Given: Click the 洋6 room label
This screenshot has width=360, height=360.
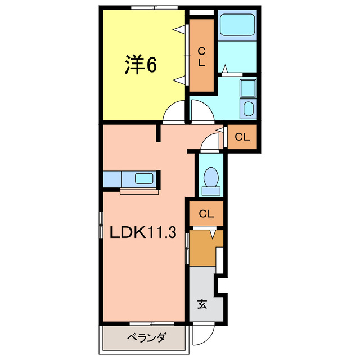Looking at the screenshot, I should click(141, 65).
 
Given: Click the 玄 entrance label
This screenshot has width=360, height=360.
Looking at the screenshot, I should click(202, 305).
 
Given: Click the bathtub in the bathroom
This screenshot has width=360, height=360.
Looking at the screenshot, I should click(237, 26).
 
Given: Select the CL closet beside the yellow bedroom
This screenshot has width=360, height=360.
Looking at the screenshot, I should click(201, 56).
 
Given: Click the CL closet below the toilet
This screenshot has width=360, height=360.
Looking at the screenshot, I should click(206, 214).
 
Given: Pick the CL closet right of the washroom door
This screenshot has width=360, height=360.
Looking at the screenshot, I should click(242, 137).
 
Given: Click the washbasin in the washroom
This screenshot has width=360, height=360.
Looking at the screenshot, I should click(247, 109).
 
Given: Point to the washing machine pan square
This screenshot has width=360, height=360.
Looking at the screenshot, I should click(248, 88).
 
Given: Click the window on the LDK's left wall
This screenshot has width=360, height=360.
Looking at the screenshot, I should click(101, 225).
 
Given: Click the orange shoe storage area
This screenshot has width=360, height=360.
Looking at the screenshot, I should click(201, 247).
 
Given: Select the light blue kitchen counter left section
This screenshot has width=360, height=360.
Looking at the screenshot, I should click(111, 179).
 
